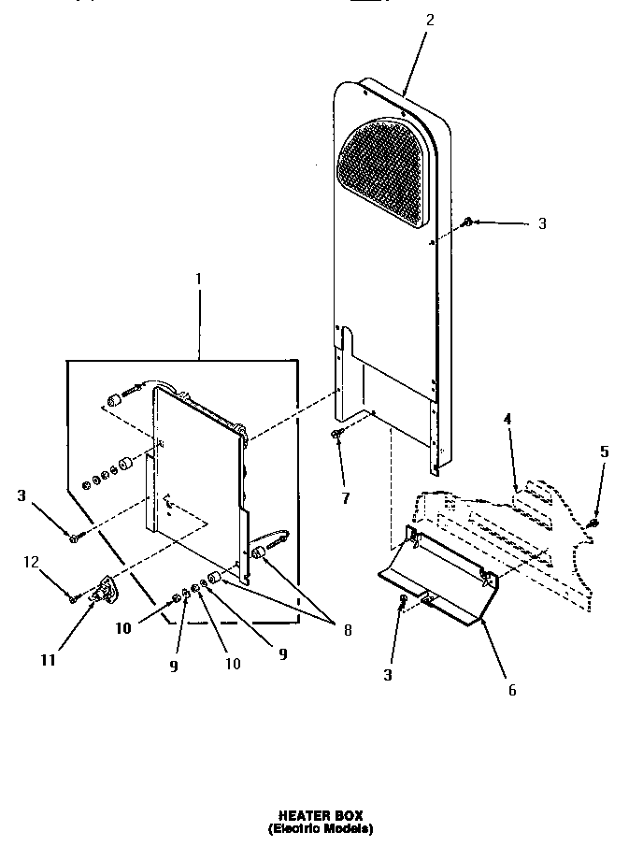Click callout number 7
point(345,498)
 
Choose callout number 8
point(348,630)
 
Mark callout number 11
point(48,659)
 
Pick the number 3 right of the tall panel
point(542,223)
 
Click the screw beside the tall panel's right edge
point(466,222)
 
